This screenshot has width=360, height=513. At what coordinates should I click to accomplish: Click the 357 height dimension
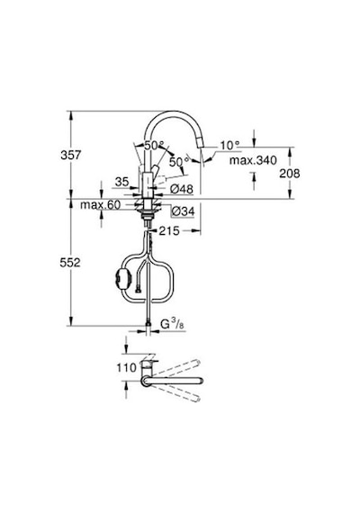pyautogui.click(x=70, y=155)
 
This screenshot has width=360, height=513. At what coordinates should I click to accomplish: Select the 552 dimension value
pyautogui.click(x=70, y=263)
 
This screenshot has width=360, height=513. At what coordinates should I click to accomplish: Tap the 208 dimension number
pyautogui.click(x=289, y=174)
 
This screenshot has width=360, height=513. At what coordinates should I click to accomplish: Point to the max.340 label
pyautogui.click(x=253, y=160)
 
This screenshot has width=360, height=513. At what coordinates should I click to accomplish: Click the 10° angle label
pyautogui.click(x=229, y=145)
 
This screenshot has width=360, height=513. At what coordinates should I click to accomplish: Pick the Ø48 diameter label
pyautogui.click(x=183, y=189)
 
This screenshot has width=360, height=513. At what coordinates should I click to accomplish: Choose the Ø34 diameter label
pyautogui.click(x=183, y=211)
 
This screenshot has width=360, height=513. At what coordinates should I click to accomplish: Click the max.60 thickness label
pyautogui.click(x=101, y=205)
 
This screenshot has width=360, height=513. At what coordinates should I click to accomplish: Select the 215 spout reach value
pyautogui.click(x=169, y=231)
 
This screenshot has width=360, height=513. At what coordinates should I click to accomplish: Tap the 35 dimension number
pyautogui.click(x=122, y=182)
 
